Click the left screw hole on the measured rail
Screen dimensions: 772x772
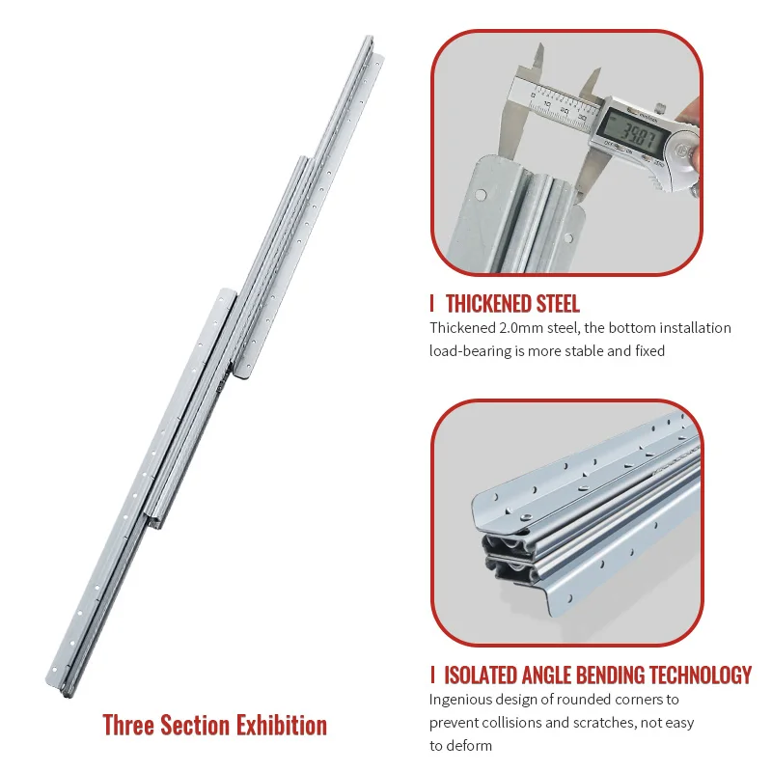coord(479,196)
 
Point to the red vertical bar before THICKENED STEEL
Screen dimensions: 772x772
coord(432,304)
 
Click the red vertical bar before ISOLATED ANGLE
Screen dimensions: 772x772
coord(432,675)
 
